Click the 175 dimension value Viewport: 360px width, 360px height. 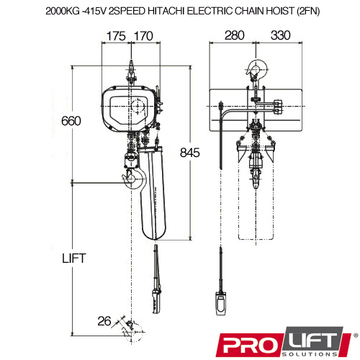116,36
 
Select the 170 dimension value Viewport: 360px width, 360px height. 143,36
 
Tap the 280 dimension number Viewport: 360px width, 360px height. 235,35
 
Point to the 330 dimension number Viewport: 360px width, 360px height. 281,35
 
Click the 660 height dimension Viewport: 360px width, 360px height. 71,121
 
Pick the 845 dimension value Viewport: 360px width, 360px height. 190,153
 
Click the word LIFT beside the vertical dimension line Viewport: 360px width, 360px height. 74,258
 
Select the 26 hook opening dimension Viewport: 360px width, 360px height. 104,321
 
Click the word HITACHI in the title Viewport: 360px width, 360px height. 166,11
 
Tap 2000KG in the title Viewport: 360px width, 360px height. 63,11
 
